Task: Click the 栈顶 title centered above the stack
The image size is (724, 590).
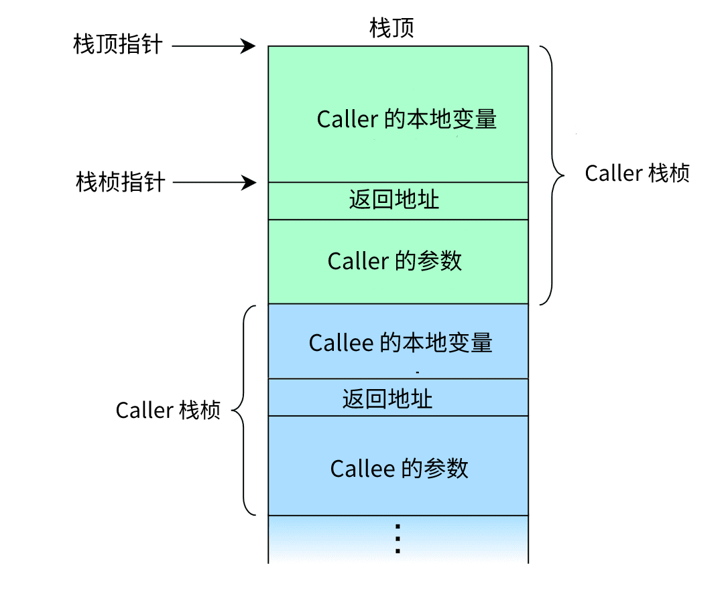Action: click(x=392, y=28)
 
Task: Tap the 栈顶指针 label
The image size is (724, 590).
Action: click(x=118, y=46)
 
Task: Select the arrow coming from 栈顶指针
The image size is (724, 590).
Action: click(x=214, y=46)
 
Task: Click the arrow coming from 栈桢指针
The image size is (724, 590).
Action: click(x=215, y=182)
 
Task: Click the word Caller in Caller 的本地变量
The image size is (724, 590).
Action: click(x=347, y=120)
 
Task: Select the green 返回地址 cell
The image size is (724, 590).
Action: click(x=398, y=200)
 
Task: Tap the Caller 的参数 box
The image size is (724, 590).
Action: click(x=398, y=261)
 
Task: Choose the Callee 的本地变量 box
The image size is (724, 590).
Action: click(x=398, y=342)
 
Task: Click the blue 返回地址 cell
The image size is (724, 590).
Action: click(x=398, y=398)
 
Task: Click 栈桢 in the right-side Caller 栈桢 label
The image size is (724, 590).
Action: click(x=669, y=173)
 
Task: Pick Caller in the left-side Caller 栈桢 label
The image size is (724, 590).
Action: click(x=145, y=411)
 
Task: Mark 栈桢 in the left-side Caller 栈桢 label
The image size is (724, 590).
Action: click(x=200, y=411)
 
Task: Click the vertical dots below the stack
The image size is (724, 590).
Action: click(x=398, y=539)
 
